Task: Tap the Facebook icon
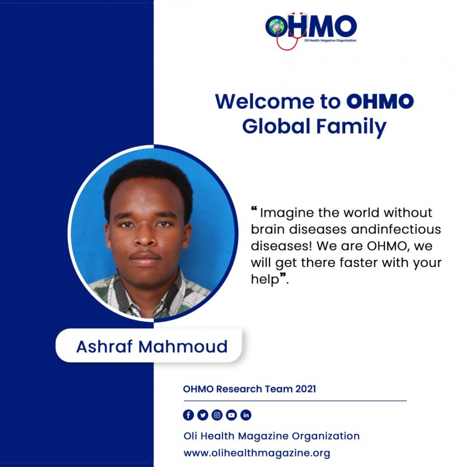pyautogui.click(x=188, y=415)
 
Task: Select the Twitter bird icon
pyautogui.click(x=203, y=415)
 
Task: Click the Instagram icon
pyautogui.click(x=217, y=415)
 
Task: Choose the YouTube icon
pyautogui.click(x=231, y=415)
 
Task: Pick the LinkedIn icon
pyautogui.click(x=246, y=415)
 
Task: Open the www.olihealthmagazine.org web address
pyautogui.click(x=257, y=453)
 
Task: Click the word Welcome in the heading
pyautogui.click(x=264, y=101)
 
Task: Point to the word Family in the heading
pyautogui.click(x=351, y=127)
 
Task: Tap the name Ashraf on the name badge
pyautogui.click(x=104, y=346)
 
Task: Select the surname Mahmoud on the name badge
pyautogui.click(x=183, y=346)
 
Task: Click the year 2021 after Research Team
pyautogui.click(x=305, y=389)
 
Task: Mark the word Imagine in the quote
pyautogui.click(x=287, y=213)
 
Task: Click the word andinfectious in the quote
pyautogui.click(x=396, y=229)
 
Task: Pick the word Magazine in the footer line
pyautogui.click(x=263, y=437)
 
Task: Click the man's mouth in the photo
pyautogui.click(x=146, y=258)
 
